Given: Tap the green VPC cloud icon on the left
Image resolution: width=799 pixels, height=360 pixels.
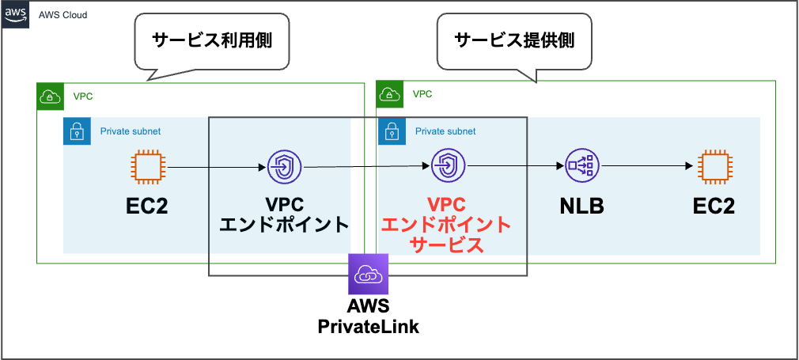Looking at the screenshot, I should tap(50, 97).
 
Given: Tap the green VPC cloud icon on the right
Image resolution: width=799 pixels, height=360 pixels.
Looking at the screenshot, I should tap(389, 94).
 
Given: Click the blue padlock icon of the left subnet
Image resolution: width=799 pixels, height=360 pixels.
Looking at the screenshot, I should tap(77, 131).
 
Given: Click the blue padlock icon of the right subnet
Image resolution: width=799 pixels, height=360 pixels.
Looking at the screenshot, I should tap(392, 131).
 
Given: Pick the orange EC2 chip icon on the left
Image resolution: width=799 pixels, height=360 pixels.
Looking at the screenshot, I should tap(147, 167).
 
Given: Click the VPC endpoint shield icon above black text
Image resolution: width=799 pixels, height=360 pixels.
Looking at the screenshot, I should tap(283, 167).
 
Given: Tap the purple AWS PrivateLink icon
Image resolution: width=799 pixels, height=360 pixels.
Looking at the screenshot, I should tap(369, 274).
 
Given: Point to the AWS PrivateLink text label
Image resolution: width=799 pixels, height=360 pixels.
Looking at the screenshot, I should tap(369, 316).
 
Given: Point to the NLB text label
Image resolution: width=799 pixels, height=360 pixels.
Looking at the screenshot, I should tap(582, 207).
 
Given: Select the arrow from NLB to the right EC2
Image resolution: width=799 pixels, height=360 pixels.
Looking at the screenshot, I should tap(647, 166).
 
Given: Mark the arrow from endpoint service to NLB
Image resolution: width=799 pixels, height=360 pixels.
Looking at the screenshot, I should tap(514, 166).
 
